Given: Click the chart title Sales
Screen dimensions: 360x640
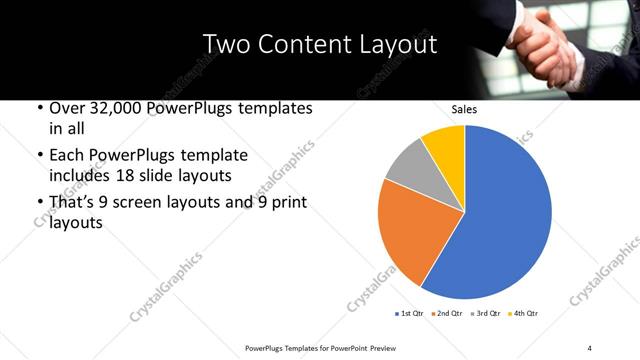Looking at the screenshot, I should pos(465,110).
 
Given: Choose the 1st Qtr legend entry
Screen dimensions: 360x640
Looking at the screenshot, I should pos(410,314).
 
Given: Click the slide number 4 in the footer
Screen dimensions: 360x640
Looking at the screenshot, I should pos(590,347).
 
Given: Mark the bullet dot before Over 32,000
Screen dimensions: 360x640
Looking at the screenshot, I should pos(38,108).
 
